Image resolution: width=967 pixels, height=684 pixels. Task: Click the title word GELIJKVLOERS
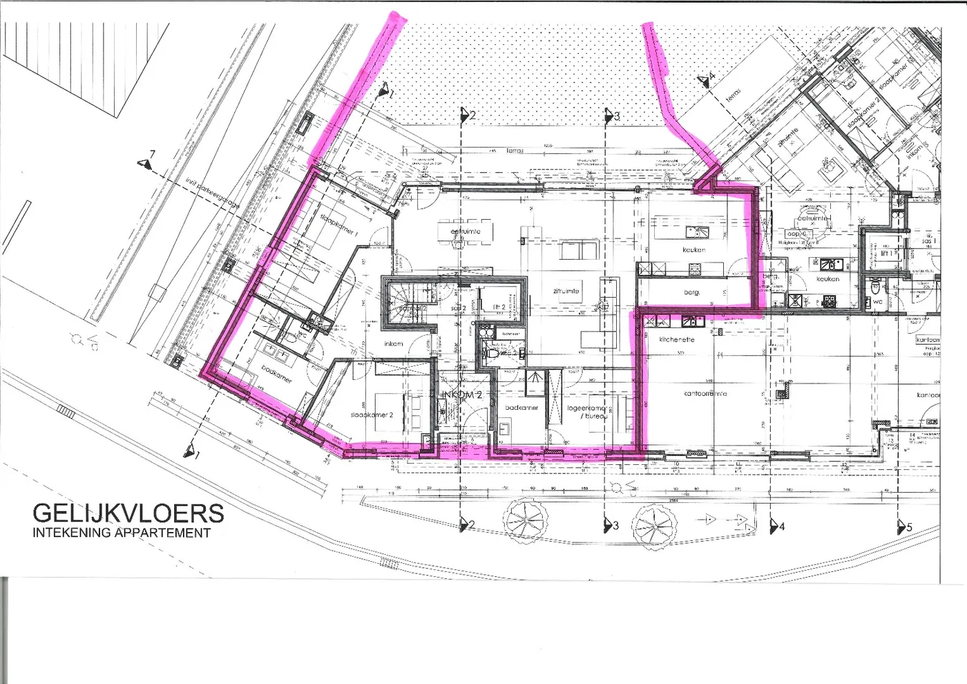(x=128, y=513)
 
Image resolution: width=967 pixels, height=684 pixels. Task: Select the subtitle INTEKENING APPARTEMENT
(x=122, y=533)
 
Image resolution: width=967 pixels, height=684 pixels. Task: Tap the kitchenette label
(x=676, y=339)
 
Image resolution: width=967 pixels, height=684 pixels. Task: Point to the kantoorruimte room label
(x=705, y=394)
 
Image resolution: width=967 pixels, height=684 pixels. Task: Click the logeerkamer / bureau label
(x=586, y=412)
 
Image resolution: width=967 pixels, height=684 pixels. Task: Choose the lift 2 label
(x=499, y=307)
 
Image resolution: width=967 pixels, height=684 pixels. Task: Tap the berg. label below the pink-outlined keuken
(x=692, y=292)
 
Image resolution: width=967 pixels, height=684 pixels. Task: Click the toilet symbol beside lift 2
(x=492, y=352)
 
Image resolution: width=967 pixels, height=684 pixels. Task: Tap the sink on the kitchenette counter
(x=689, y=321)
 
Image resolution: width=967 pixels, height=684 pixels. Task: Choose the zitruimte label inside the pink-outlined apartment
(x=566, y=291)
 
